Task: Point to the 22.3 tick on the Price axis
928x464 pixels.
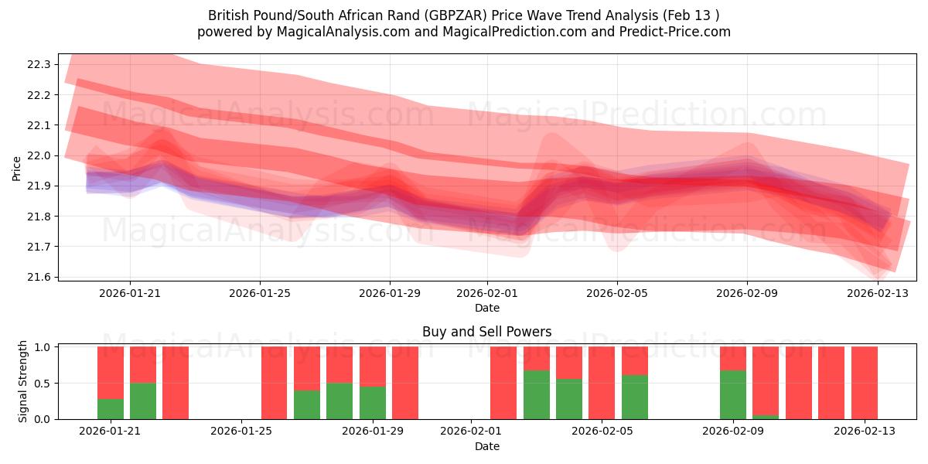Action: (x=39, y=64)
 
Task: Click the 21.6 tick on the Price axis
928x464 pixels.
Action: (x=39, y=277)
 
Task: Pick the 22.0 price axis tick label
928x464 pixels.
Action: (x=39, y=155)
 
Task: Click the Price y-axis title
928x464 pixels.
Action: (x=16, y=168)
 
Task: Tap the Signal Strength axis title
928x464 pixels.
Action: (x=23, y=381)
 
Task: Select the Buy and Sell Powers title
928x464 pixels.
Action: (x=486, y=332)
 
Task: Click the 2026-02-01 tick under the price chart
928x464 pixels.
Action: (x=487, y=293)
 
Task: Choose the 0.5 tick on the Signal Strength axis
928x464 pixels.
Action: (x=43, y=383)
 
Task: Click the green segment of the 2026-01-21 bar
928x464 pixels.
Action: (x=111, y=409)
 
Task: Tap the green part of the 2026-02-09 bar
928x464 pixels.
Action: (x=732, y=394)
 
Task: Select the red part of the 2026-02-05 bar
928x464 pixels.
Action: (x=634, y=360)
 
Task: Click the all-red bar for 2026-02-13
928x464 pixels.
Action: (x=864, y=383)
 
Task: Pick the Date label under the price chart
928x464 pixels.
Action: (x=486, y=308)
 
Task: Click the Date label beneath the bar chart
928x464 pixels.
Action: (x=486, y=446)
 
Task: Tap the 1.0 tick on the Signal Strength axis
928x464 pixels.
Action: (x=43, y=347)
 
